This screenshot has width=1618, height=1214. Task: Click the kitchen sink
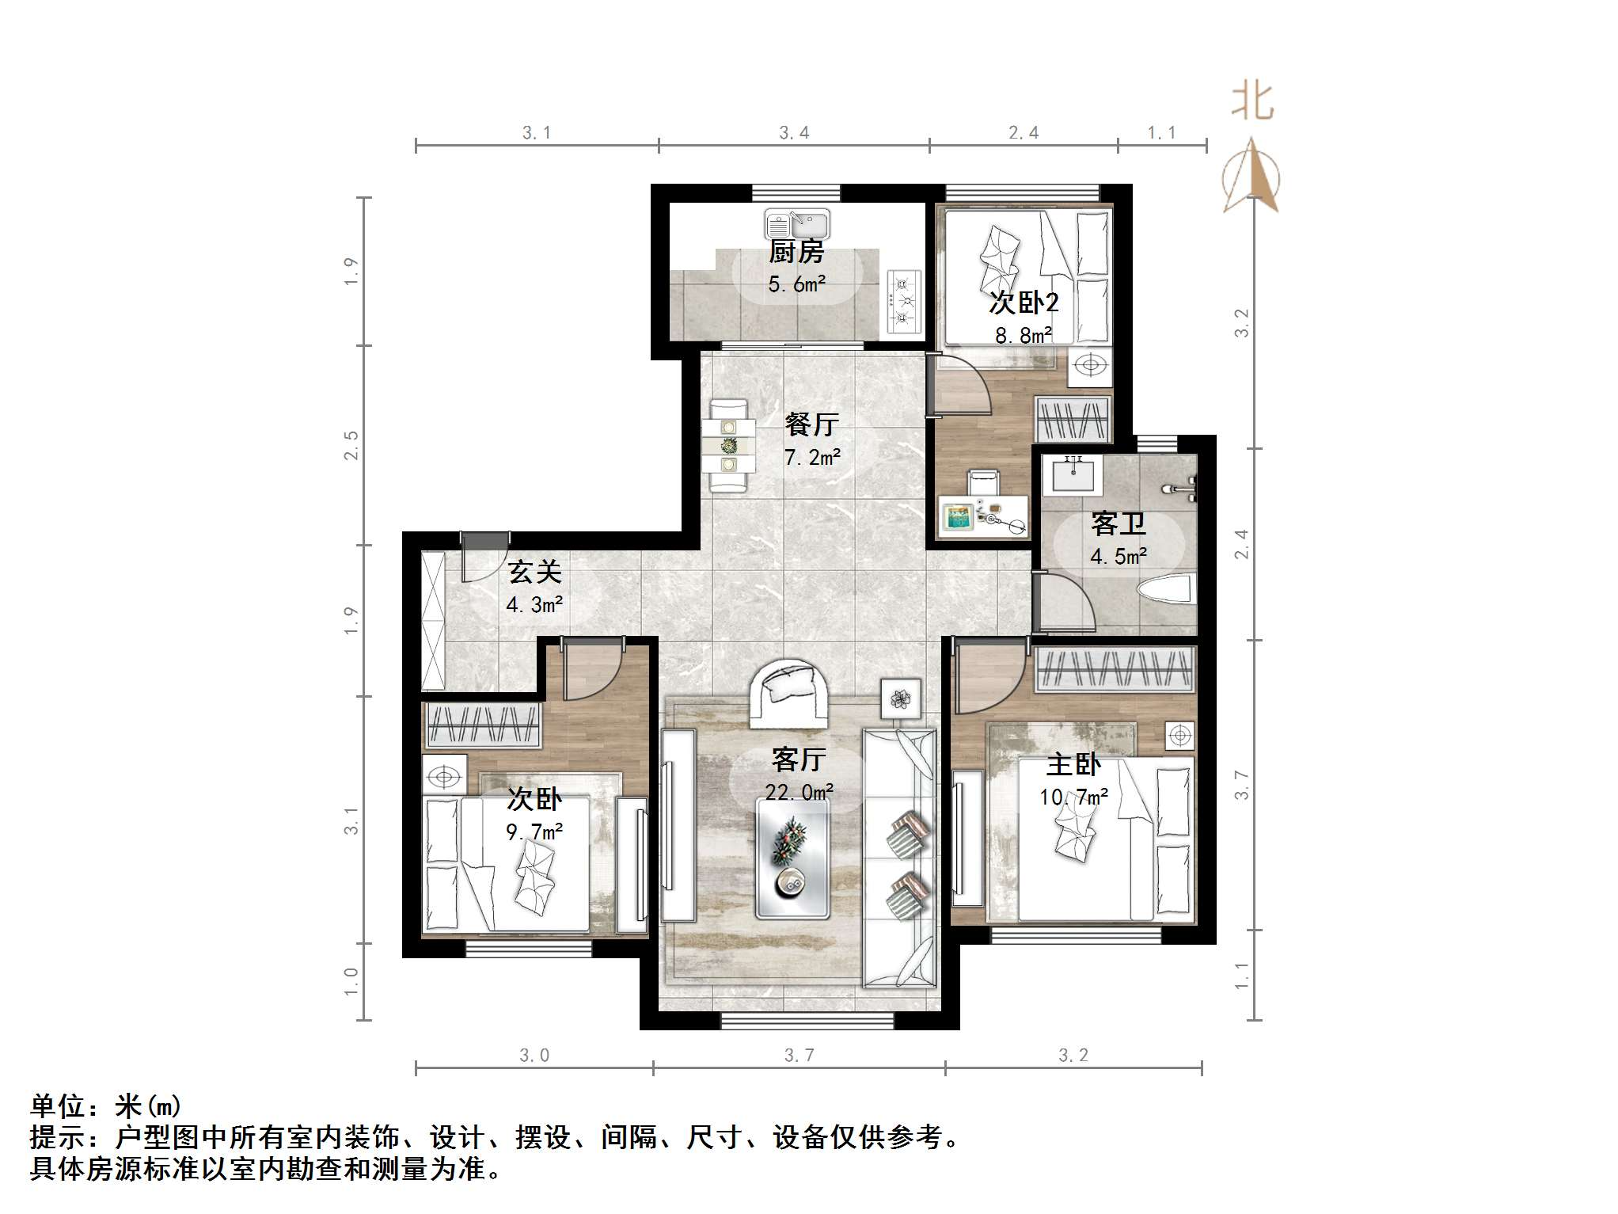[x=796, y=223]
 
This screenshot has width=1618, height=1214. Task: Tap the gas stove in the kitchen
[x=905, y=301]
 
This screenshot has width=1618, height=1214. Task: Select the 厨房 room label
[x=796, y=253]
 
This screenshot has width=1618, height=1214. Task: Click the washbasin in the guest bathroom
[x=1074, y=474]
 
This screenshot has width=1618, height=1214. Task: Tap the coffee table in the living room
[x=792, y=858]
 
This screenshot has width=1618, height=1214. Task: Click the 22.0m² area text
[x=799, y=792]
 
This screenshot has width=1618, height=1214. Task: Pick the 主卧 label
[x=1073, y=764]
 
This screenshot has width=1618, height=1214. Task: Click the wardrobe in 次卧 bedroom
[x=484, y=725]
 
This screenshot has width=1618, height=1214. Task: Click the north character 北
[x=1251, y=102]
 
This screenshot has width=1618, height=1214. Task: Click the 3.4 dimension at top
[x=794, y=132]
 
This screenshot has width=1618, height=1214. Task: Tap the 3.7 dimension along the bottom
[x=799, y=1056]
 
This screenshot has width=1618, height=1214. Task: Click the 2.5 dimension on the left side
[x=351, y=445]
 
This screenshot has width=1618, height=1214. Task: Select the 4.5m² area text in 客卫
[x=1118, y=557]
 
